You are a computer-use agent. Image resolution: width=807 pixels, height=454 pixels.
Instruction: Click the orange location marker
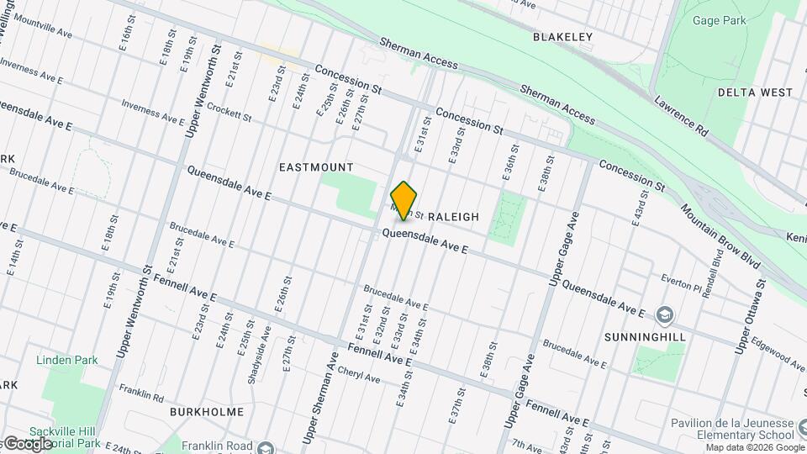(x=404, y=200)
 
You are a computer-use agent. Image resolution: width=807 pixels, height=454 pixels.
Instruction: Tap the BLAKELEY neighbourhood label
(x=562, y=37)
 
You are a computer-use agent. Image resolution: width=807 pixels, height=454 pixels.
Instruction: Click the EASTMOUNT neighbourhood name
(x=316, y=167)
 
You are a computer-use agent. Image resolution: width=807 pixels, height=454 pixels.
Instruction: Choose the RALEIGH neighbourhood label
(x=453, y=217)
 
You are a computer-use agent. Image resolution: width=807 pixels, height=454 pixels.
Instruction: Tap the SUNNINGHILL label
(x=645, y=336)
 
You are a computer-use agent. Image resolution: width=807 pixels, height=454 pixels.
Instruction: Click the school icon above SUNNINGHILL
(x=666, y=314)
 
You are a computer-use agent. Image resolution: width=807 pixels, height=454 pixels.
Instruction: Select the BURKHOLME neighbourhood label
(x=207, y=412)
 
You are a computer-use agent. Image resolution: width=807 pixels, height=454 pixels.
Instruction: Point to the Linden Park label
(x=66, y=360)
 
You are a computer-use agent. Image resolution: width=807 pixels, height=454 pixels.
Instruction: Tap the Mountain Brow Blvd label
(x=720, y=235)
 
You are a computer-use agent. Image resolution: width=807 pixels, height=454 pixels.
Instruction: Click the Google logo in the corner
(x=27, y=443)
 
